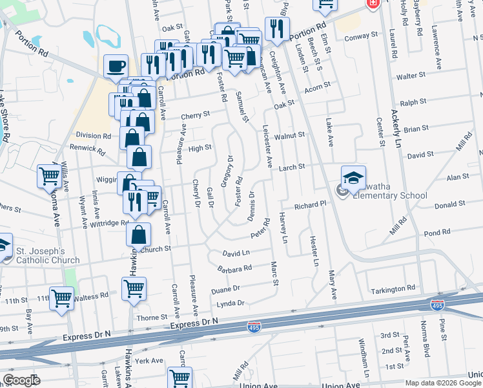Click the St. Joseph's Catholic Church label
(x=48, y=255)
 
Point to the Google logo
(x=21, y=380)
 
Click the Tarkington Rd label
(x=411, y=288)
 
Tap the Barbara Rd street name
(x=234, y=267)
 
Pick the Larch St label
(x=291, y=167)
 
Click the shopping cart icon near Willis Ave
(x=50, y=175)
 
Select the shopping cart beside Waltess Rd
(x=62, y=298)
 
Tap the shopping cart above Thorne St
(x=134, y=288)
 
